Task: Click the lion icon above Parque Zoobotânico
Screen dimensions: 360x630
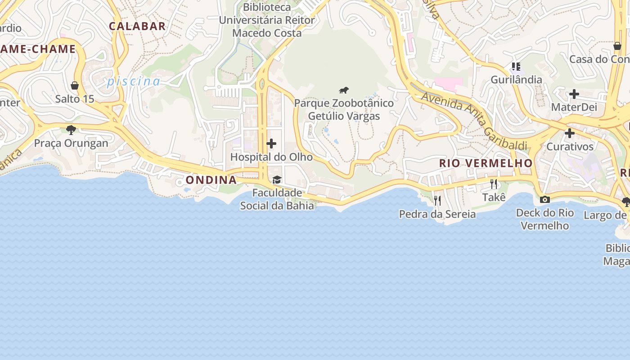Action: (344, 90)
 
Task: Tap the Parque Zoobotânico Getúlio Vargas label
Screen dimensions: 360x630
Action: (344, 109)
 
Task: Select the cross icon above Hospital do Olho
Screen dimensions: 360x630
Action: (271, 144)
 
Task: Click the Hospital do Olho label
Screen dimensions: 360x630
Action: (271, 157)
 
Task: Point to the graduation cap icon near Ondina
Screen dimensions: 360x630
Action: (277, 180)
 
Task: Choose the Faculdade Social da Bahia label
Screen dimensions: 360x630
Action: (277, 199)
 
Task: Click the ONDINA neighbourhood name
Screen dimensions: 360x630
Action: (211, 180)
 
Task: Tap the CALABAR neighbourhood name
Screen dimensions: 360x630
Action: (137, 26)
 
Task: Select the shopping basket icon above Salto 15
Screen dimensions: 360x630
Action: (75, 85)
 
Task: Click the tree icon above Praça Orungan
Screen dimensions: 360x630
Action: (71, 130)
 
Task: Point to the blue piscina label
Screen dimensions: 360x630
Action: (133, 81)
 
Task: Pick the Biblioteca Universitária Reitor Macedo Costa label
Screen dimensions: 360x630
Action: (267, 20)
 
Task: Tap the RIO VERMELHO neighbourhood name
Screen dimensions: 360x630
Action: (486, 163)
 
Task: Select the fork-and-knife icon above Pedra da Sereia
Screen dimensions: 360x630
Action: (437, 200)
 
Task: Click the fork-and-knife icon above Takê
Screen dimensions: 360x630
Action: (494, 184)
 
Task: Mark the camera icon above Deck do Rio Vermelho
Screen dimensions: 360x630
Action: (544, 199)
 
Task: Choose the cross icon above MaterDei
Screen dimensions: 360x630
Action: (574, 94)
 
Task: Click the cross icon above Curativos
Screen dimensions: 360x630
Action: (569, 133)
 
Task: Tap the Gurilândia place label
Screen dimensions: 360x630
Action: (516, 80)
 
